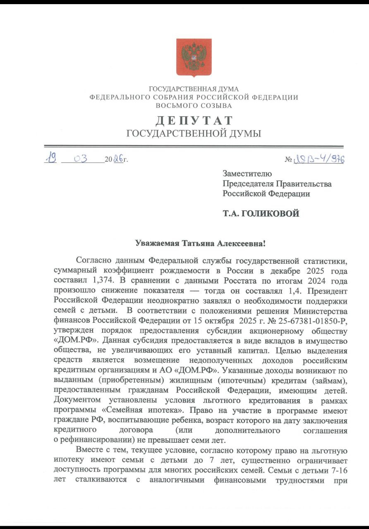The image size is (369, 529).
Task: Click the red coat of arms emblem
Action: point(194,57)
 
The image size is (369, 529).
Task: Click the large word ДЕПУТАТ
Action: point(194,121)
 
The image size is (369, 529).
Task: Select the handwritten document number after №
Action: point(319,159)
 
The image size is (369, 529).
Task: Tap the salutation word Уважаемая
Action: point(157,243)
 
